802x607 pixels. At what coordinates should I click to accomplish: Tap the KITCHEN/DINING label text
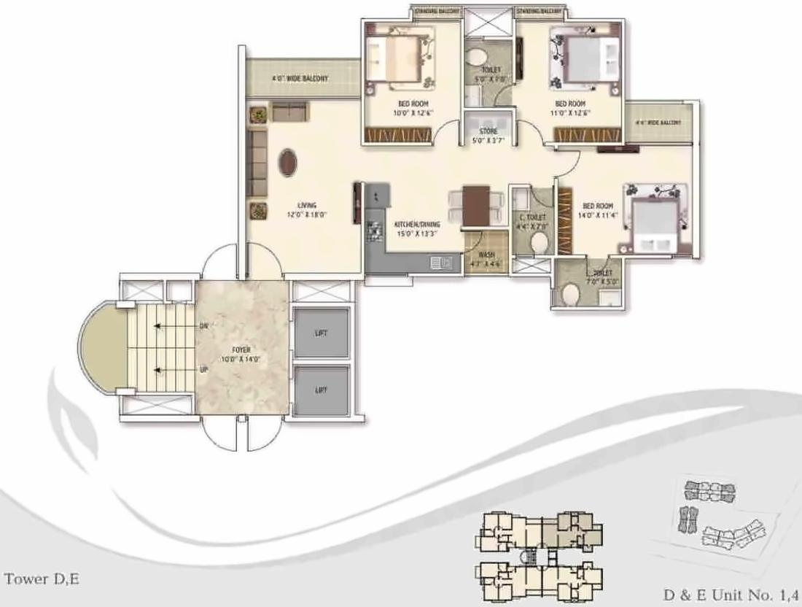[x=416, y=224]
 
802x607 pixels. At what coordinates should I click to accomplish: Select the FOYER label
[x=238, y=349]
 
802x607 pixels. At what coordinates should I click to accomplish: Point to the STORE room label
[x=488, y=131]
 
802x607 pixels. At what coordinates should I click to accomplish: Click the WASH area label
[x=486, y=255]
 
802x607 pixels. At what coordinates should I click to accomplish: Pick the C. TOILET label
[x=532, y=217]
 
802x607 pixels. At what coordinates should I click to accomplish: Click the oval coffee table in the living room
[x=288, y=162]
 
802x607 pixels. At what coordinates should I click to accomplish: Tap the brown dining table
[x=477, y=205]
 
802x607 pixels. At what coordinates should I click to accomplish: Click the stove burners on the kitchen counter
[x=375, y=232]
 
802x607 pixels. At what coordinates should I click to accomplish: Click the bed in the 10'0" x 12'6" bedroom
[x=400, y=58]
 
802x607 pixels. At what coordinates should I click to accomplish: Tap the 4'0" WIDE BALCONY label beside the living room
[x=300, y=78]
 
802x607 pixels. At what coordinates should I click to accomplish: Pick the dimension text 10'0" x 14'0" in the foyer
[x=238, y=359]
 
